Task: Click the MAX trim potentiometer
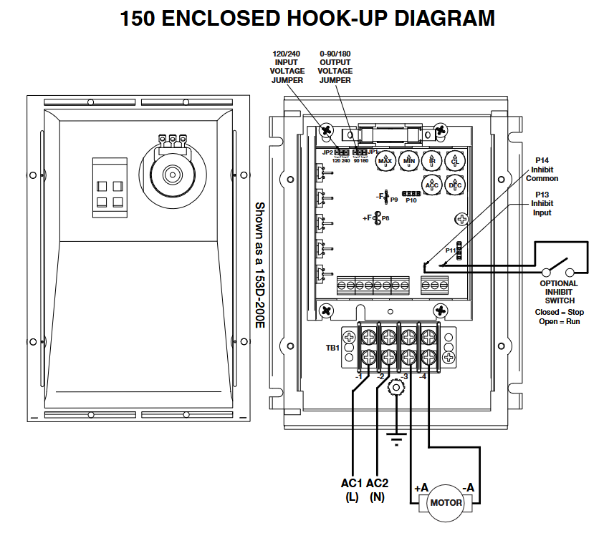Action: point(385,161)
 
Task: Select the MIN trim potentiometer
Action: point(409,161)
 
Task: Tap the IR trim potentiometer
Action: point(432,161)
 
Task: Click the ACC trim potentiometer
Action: point(432,184)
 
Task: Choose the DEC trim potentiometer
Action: point(455,184)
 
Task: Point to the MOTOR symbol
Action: point(446,503)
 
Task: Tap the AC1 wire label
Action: point(352,484)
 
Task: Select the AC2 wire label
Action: point(378,484)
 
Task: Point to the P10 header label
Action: point(411,201)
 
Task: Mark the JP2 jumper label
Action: point(327,152)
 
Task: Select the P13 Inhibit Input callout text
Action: point(542,203)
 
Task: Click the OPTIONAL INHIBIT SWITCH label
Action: point(559,292)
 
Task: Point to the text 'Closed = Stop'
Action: point(559,313)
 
